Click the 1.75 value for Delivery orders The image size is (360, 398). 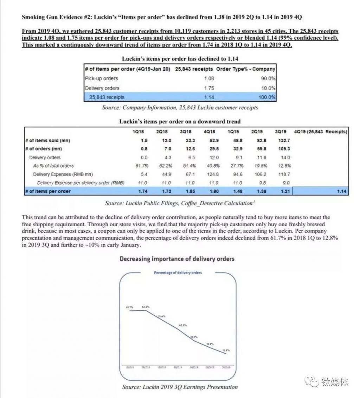(209, 88)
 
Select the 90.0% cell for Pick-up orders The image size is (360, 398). (268, 78)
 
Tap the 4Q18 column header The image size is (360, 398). (210, 132)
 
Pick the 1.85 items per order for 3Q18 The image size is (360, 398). (190, 191)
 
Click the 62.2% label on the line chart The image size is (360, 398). (146, 307)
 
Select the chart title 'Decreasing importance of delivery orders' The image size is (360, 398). (177, 259)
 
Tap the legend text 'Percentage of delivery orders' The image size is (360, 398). (178, 273)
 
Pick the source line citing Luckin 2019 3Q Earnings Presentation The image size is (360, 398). (180, 387)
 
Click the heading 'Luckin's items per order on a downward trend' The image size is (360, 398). (180, 121)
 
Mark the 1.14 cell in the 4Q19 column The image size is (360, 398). (341, 191)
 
